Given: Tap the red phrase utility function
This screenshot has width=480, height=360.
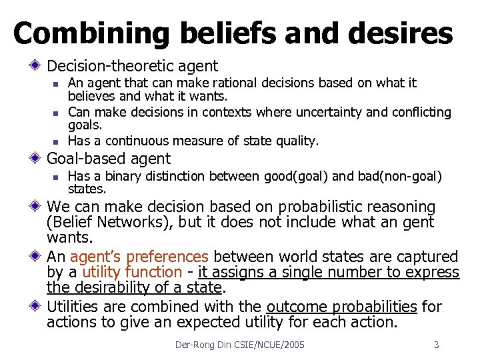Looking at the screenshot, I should tap(131, 272).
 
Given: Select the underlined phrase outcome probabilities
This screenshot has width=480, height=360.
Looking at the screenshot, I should tap(342, 307).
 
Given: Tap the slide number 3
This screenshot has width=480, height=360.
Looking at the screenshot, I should tap(436, 345).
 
